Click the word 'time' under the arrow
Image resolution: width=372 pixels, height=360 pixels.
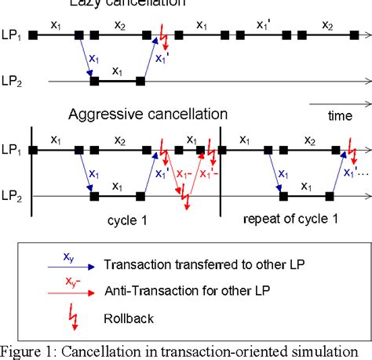[x=338, y=116]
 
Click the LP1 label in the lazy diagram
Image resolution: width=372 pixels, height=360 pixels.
[x=13, y=35]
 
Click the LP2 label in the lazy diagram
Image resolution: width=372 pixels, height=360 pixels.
[x=13, y=80]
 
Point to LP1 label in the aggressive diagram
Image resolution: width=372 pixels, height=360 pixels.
[x=13, y=150]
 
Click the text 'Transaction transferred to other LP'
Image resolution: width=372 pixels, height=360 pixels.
[x=212, y=264]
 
